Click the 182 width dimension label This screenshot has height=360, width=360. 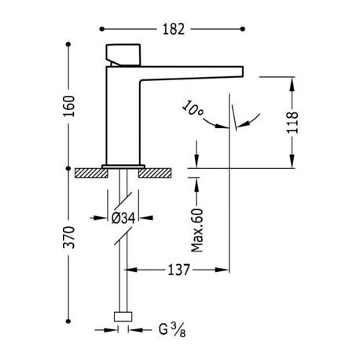tap(174, 29)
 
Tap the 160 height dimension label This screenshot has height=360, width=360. tap(69, 105)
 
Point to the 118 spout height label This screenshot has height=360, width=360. tap(292, 123)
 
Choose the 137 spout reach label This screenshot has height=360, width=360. tap(179, 270)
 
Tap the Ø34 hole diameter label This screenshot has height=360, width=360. tap(123, 218)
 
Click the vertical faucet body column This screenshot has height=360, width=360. tap(123, 114)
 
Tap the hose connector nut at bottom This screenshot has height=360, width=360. tap(123, 316)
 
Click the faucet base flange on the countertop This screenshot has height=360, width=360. tap(123, 165)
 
